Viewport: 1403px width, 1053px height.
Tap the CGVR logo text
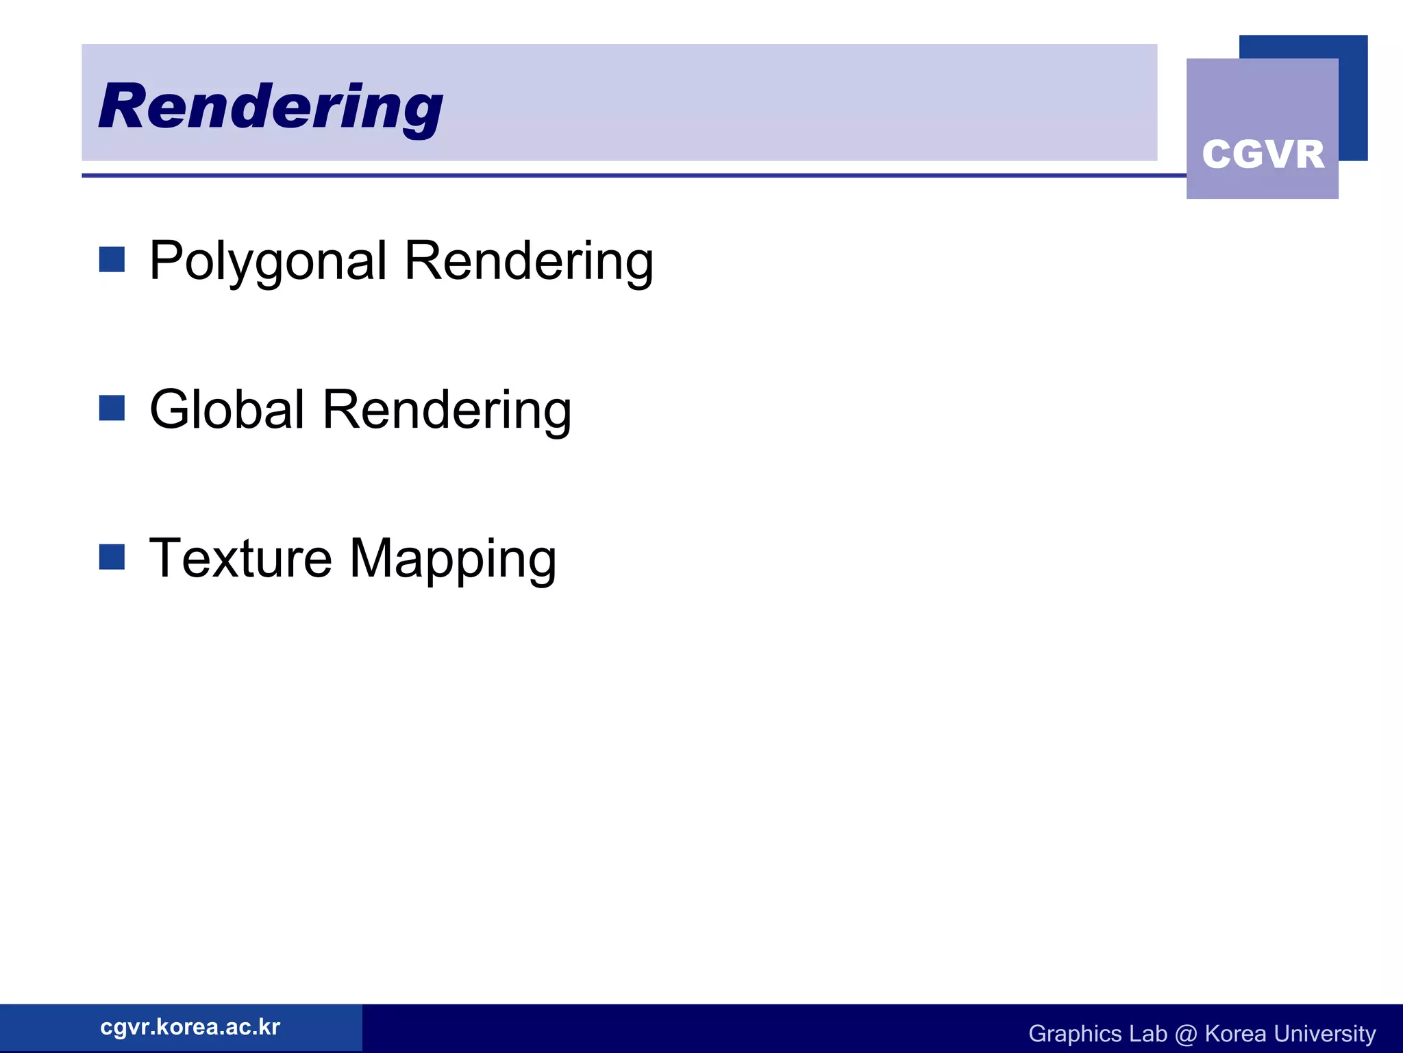point(1263,154)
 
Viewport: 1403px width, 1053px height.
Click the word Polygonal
point(268,261)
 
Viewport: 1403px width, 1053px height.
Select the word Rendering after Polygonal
point(528,261)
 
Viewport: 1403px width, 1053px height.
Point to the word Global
point(227,409)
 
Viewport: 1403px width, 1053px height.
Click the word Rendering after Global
point(447,409)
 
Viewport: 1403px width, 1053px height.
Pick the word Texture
point(240,558)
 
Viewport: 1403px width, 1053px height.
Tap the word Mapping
point(453,559)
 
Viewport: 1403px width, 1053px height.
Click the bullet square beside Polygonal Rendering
point(112,260)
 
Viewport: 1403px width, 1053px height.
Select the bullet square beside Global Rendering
point(112,408)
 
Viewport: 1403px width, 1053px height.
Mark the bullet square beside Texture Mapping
point(112,557)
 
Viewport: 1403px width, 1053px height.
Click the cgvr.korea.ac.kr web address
point(190,1027)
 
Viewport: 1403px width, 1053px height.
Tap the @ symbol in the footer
point(1186,1034)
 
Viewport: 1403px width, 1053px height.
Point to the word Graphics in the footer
point(1074,1034)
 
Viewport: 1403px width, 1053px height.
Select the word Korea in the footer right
point(1235,1034)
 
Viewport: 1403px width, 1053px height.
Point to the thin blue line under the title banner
point(617,175)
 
